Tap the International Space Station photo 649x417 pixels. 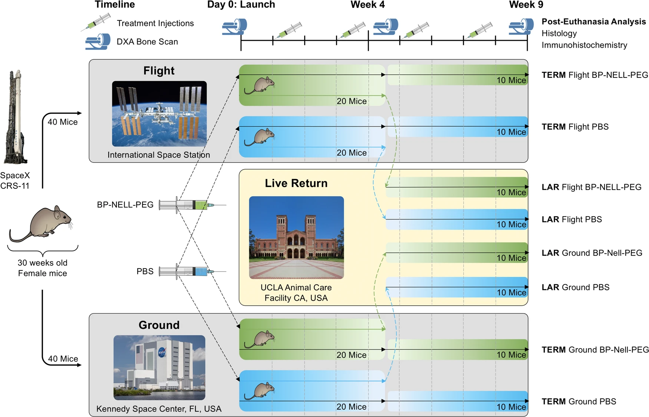[159, 114]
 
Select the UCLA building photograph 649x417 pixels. [296, 237]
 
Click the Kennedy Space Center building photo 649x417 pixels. [159, 367]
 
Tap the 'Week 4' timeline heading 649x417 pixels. [368, 5]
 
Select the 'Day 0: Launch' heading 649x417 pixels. [241, 5]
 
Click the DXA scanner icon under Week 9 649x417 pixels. [521, 27]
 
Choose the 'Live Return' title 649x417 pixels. [296, 183]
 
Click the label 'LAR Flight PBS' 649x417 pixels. [571, 220]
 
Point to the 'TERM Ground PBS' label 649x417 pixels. [579, 401]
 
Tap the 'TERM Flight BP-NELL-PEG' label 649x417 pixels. [594, 75]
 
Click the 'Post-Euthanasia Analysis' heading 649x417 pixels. [593, 22]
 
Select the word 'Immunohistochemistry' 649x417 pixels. [584, 45]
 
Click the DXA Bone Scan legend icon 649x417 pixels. [98, 42]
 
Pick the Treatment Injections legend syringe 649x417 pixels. [96, 22]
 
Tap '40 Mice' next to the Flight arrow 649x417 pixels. [63, 122]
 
